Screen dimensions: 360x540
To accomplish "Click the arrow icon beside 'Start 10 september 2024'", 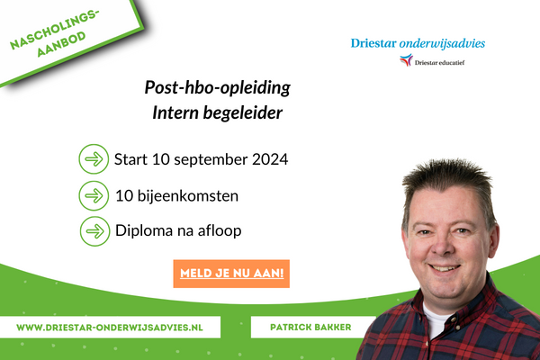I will pos(93,161).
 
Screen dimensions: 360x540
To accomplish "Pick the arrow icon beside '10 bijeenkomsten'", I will pos(93,195).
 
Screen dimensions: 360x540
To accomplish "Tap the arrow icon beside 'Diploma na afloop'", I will pos(93,230).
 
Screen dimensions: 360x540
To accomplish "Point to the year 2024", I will pos(268,161).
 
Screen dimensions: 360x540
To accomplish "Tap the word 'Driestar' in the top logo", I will pos(377,42).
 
